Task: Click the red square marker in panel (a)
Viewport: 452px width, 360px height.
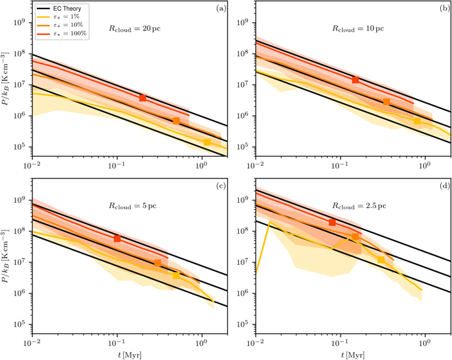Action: click(143, 98)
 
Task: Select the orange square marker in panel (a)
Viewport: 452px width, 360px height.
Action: click(176, 121)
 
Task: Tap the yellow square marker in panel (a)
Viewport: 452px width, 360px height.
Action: click(207, 142)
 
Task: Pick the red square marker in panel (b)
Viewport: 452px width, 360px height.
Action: click(356, 80)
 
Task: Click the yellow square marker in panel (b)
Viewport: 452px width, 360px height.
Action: click(417, 121)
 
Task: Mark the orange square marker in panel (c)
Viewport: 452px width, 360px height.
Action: click(158, 263)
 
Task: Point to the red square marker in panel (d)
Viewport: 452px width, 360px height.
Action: click(332, 223)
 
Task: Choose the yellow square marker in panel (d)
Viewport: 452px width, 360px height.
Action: click(381, 260)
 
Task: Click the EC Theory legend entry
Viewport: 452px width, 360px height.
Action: click(59, 9)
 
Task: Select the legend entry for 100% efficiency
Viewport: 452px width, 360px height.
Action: click(61, 34)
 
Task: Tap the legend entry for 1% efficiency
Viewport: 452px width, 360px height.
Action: click(58, 17)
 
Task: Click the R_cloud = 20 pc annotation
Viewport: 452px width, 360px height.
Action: click(135, 29)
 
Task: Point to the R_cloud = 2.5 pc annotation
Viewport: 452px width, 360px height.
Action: click(359, 206)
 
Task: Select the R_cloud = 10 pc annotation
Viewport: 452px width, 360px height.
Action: click(358, 29)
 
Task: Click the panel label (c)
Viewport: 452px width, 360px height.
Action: click(221, 186)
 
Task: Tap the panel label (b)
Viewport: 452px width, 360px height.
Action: click(444, 9)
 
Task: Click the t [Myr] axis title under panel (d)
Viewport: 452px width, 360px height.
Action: click(353, 355)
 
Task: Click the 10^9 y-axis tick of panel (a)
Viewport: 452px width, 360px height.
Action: click(20, 22)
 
